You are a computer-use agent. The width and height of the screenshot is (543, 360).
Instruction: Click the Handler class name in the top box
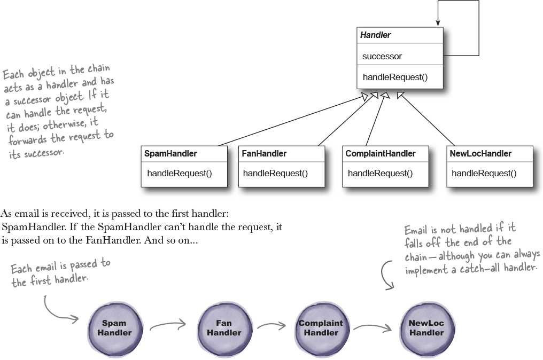[x=375, y=35]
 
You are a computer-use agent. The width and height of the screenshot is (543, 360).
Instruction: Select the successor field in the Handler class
[x=382, y=57]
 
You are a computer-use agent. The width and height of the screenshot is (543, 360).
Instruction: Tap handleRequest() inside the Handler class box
[x=395, y=77]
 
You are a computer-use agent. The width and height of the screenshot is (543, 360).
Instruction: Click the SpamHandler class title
[x=170, y=154]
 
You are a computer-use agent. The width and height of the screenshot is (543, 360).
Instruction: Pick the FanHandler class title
[x=264, y=154]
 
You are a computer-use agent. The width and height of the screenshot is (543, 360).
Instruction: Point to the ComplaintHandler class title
[x=380, y=154]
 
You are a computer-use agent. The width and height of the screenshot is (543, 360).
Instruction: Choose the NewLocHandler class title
[x=480, y=154]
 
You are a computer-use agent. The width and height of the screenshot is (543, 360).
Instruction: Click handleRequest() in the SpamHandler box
[x=180, y=174]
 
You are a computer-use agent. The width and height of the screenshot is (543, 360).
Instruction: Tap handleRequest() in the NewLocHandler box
[x=484, y=174]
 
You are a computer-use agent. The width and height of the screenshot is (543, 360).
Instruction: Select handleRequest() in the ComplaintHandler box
[x=380, y=174]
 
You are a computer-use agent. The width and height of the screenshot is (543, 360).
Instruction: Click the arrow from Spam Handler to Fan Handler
[x=168, y=324]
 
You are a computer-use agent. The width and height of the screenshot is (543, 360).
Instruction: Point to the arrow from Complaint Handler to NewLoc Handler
[x=373, y=327]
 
